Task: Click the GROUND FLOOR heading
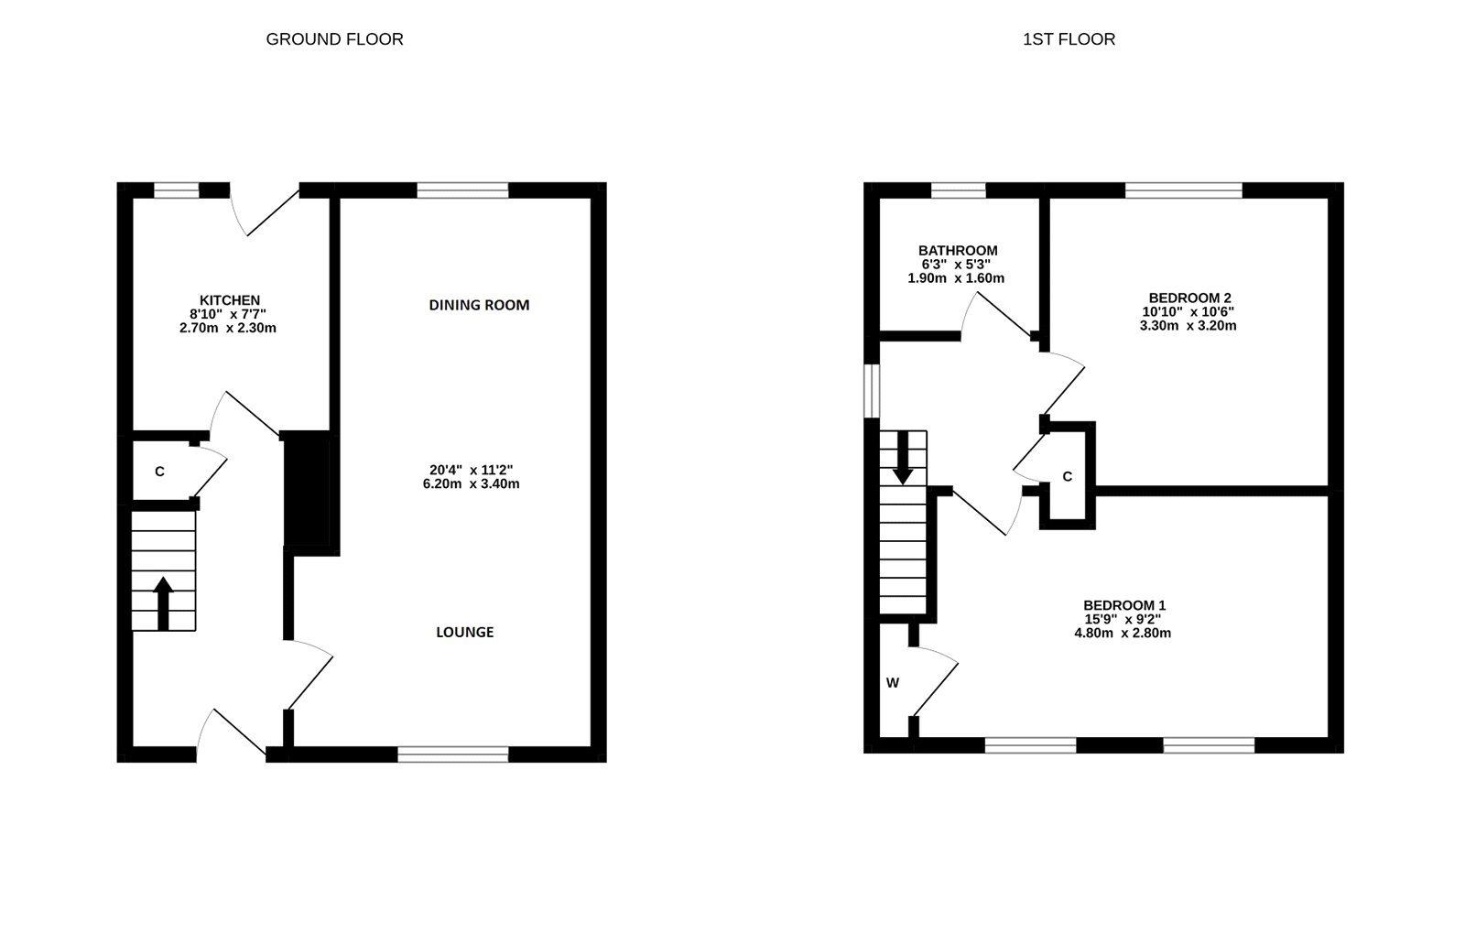[x=334, y=39]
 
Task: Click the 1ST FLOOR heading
[x=1069, y=39]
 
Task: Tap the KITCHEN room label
[x=230, y=300]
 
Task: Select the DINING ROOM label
[x=479, y=305]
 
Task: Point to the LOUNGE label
[x=464, y=632]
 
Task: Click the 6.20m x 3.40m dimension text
[x=465, y=483]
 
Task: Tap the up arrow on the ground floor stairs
[x=164, y=602]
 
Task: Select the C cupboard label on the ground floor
[x=159, y=472]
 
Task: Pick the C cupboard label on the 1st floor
[x=1067, y=477]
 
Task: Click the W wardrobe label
[x=893, y=683]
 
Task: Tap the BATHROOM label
[x=958, y=251]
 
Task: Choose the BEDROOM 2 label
[x=1189, y=298]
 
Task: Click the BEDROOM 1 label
[x=1123, y=605]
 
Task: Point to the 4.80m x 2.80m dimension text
[x=1123, y=633]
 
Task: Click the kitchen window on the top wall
[x=176, y=190]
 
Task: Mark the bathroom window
[x=959, y=190]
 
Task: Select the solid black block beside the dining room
[x=307, y=489]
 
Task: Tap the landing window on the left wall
[x=873, y=392]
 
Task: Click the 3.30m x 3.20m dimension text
[x=1188, y=325]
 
